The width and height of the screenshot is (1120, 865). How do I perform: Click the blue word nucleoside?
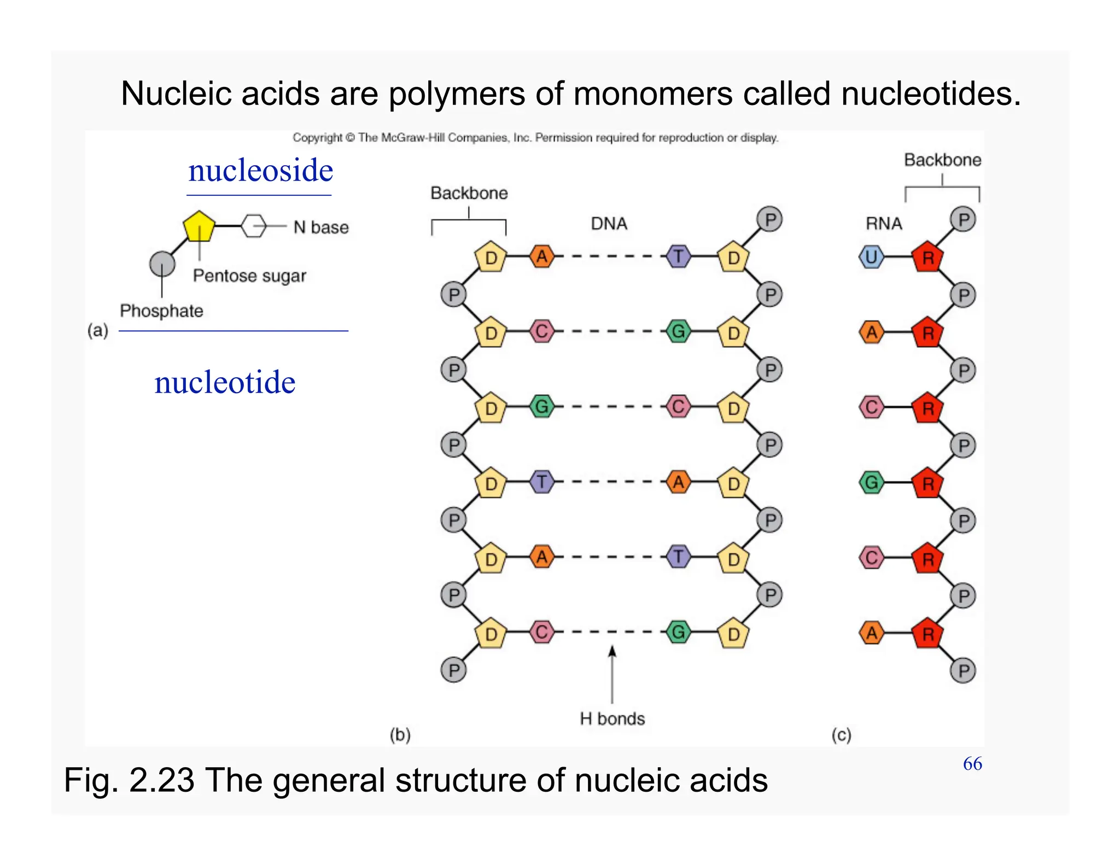[x=260, y=171]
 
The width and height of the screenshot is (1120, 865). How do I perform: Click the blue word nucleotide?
[x=225, y=382]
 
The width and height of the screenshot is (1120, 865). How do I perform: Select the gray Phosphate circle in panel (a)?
[x=162, y=264]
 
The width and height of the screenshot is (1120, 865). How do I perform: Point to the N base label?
[x=321, y=227]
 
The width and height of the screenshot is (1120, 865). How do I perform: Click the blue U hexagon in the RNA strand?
[x=871, y=257]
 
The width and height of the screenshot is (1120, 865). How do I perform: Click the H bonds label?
[x=612, y=718]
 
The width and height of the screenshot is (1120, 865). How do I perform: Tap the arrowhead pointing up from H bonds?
[x=612, y=651]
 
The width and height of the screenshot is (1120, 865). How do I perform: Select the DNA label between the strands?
[x=609, y=224]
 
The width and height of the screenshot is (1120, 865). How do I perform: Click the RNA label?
[x=884, y=224]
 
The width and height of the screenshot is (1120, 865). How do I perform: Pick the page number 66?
[x=972, y=764]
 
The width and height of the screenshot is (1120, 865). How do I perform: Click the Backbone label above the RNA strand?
[x=942, y=160]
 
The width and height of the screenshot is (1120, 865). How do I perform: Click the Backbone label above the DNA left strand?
[x=469, y=193]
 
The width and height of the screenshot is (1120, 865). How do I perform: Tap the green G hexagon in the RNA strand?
[x=871, y=483]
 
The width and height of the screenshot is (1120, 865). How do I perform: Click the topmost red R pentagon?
[x=927, y=257]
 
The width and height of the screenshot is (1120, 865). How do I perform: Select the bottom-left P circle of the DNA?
[x=453, y=670]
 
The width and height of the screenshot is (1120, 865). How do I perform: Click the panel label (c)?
[x=841, y=735]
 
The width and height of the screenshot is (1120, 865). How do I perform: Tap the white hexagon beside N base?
[x=254, y=226]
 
